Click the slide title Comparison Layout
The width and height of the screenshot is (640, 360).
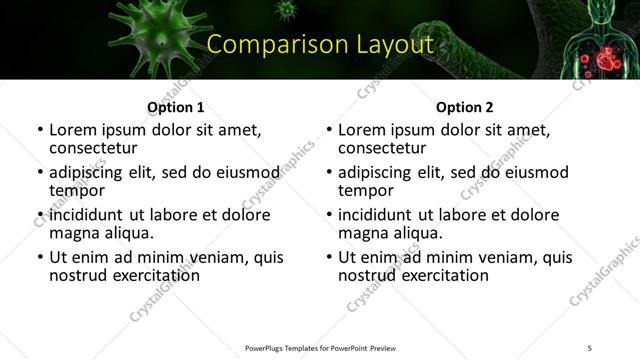pos(319,45)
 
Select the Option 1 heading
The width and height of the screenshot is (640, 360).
pos(175,107)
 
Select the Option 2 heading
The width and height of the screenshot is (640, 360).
pos(464,107)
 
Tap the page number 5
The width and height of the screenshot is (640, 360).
pos(589,347)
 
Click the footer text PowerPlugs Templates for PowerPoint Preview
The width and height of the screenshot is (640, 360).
pos(319,347)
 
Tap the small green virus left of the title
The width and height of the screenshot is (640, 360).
pos(287,11)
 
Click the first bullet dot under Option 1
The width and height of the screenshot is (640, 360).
pos(40,131)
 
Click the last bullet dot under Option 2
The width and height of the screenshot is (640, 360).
pos(329,258)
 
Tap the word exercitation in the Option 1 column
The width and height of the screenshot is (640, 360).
pos(153,275)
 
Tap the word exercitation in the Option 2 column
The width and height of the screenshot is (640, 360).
pos(442,275)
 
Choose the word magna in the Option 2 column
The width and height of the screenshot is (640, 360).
pos(362,233)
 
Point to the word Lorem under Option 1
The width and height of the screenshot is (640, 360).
pos(73,130)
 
